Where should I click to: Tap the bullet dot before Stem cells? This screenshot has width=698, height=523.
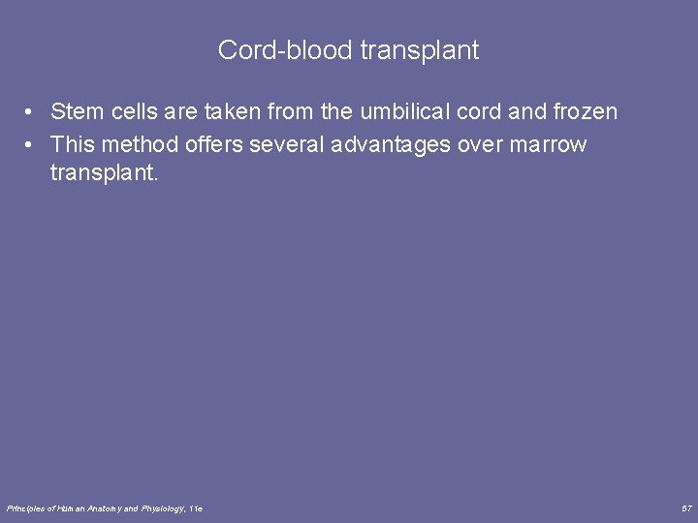point(32,113)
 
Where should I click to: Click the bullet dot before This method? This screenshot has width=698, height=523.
point(32,145)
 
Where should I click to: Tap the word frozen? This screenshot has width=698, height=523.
point(585,112)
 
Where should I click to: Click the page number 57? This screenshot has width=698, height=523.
point(685,508)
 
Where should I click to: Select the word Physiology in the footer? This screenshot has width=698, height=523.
point(162,508)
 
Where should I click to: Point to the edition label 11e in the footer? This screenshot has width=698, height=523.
point(196,508)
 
